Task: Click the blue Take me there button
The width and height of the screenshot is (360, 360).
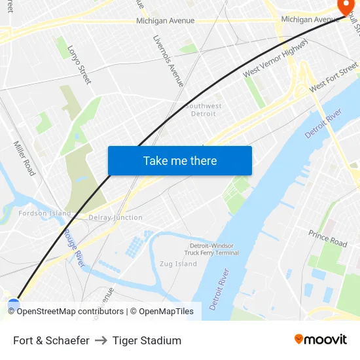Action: pyautogui.click(x=179, y=161)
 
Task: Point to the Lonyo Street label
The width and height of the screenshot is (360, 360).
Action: pyautogui.click(x=79, y=64)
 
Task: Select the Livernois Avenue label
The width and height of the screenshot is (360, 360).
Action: pyautogui.click(x=168, y=61)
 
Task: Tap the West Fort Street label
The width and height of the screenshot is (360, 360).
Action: pyautogui.click(x=333, y=77)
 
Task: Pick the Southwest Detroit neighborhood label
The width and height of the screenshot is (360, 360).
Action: pyautogui.click(x=203, y=110)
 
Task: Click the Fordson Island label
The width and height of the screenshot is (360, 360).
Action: pyautogui.click(x=45, y=213)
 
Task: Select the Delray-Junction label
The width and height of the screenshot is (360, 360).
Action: pyautogui.click(x=115, y=217)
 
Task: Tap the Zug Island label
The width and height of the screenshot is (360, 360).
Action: pyautogui.click(x=178, y=264)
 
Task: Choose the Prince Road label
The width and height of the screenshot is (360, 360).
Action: pyautogui.click(x=328, y=238)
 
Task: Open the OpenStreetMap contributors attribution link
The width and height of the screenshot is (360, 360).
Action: pyautogui.click(x=69, y=312)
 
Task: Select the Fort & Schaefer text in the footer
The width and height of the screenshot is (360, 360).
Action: pyautogui.click(x=51, y=340)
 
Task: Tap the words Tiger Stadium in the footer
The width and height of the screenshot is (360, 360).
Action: pyautogui.click(x=147, y=340)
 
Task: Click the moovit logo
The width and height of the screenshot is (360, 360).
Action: pyautogui.click(x=321, y=339)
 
